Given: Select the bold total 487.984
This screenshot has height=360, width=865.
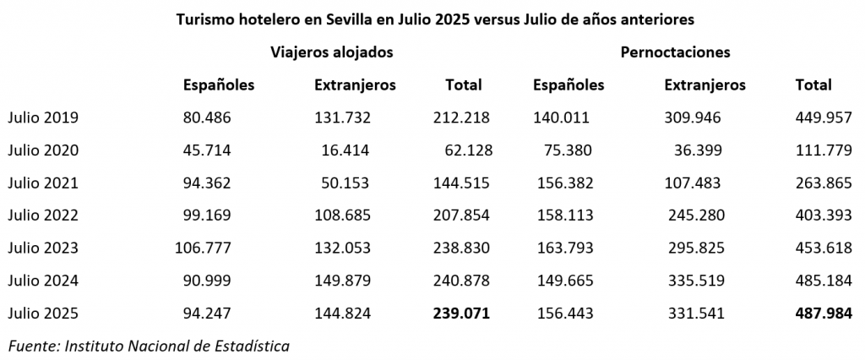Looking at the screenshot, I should tap(824, 313).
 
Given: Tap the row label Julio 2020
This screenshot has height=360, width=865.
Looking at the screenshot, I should tap(43, 150).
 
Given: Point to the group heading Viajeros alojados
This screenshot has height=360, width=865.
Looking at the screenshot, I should tap(331, 52).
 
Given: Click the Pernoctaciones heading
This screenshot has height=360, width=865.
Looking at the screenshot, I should tap(675, 52).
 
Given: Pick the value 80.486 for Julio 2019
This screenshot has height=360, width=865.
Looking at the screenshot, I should tap(207, 117).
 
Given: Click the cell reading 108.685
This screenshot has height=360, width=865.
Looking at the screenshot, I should tap(342, 215).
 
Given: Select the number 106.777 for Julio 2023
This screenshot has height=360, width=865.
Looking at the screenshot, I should tap(207, 248).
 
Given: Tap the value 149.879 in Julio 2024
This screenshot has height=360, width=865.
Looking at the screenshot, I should tap(342, 281).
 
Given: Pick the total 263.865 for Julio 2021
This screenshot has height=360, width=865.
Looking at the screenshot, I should tap(824, 183).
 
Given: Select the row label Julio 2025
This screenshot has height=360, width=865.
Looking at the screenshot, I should tap(43, 313).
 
